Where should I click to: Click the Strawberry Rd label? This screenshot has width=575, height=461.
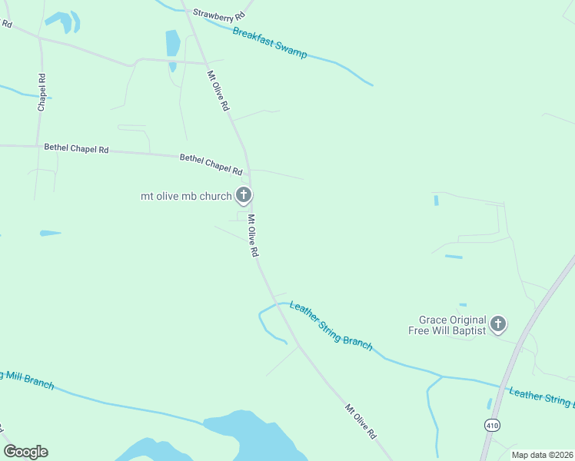click(x=219, y=14)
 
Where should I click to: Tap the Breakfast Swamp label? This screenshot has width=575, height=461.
click(x=270, y=44)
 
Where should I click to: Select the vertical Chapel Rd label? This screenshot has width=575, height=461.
click(x=42, y=92)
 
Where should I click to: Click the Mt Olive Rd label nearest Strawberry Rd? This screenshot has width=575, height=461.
click(x=218, y=91)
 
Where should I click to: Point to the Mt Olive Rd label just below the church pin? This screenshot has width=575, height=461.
click(x=252, y=235)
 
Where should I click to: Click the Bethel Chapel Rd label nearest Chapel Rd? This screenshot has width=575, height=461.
click(x=76, y=148)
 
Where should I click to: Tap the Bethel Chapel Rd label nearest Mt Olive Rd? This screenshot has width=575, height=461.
click(x=211, y=162)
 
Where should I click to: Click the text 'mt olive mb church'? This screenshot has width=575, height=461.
click(x=186, y=196)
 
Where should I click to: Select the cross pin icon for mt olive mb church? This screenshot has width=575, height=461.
click(x=244, y=195)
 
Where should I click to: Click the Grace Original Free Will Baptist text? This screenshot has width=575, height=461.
click(x=453, y=325)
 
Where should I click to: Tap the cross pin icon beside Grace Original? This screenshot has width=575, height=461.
click(x=498, y=324)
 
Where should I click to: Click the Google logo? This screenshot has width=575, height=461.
click(x=25, y=452)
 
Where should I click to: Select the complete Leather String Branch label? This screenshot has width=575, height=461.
click(x=331, y=327)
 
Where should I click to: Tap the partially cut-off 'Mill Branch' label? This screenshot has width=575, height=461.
click(x=27, y=379)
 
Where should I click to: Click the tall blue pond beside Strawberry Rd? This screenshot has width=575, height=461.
click(x=173, y=45)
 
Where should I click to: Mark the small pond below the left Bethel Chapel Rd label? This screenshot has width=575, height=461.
click(x=50, y=233)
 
